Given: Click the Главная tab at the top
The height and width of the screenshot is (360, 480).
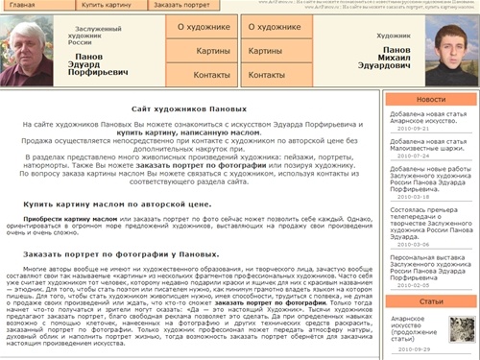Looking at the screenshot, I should click(x=21, y=6).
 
